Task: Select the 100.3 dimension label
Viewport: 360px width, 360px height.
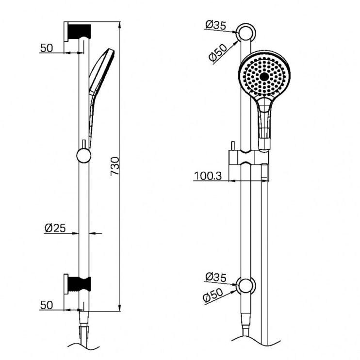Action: tap(208, 176)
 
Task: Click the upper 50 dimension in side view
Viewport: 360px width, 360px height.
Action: tap(46, 48)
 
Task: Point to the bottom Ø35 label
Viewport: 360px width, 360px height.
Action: tap(215, 277)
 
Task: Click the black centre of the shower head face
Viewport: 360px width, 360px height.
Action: tap(264, 77)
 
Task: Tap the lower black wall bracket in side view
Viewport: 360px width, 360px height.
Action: tap(77, 283)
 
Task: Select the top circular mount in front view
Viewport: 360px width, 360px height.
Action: tap(245, 33)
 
